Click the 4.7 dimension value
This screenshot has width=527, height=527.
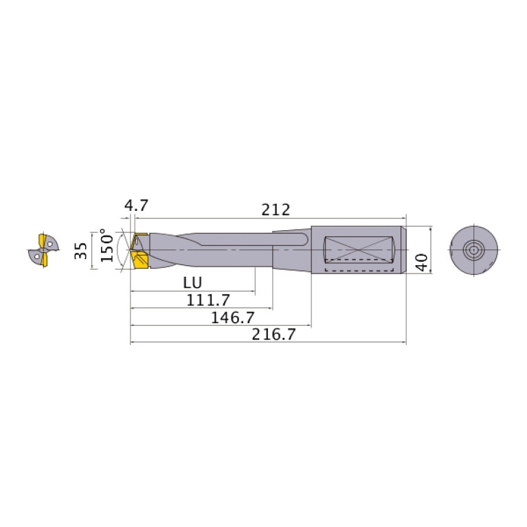click(137, 205)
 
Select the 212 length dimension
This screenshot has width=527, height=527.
click(277, 209)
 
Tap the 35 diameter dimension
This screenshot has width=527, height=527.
click(82, 250)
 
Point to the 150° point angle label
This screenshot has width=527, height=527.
click(106, 245)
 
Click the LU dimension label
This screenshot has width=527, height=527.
click(192, 282)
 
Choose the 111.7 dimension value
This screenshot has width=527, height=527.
click(208, 300)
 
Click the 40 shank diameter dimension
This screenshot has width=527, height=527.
click(422, 260)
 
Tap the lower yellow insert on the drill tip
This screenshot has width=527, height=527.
click(142, 262)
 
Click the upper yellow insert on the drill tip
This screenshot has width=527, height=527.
click(140, 240)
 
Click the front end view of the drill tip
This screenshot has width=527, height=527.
click(43, 250)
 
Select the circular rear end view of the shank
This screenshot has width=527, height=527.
click(474, 249)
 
